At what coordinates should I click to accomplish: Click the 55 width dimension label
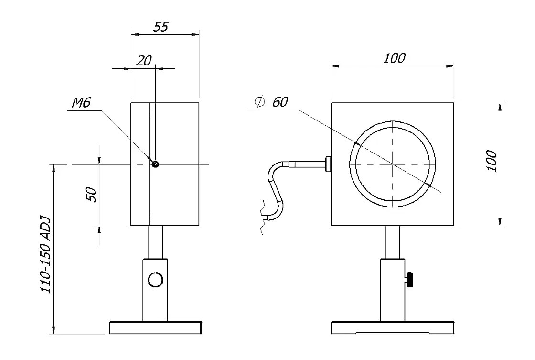pyautogui.click(x=161, y=27)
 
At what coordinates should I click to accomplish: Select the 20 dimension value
pyautogui.click(x=144, y=61)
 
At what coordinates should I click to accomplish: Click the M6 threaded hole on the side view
pyautogui.click(x=155, y=164)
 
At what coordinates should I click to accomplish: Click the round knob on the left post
pyautogui.click(x=155, y=279)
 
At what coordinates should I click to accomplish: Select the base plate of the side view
pyautogui.click(x=155, y=328)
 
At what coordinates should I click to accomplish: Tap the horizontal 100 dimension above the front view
pyautogui.click(x=394, y=58)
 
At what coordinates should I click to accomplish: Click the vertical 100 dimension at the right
pyautogui.click(x=492, y=162)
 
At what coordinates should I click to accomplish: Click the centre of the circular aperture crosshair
pyautogui.click(x=392, y=164)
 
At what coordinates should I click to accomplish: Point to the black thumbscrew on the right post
pyautogui.click(x=410, y=280)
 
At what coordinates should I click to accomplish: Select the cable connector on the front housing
pyautogui.click(x=328, y=164)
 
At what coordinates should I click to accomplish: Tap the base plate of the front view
pyautogui.click(x=392, y=328)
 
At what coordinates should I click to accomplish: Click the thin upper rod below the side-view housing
pyautogui.click(x=155, y=242)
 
